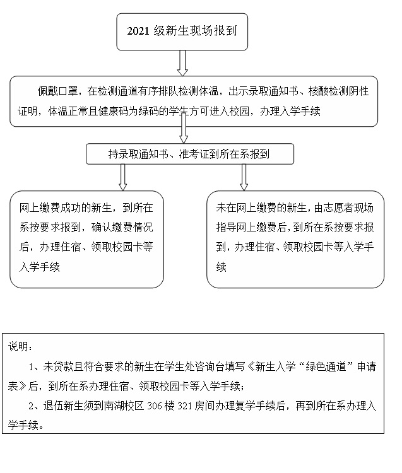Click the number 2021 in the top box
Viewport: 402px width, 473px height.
[x=138, y=30]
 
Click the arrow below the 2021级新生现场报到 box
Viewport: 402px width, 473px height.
[x=183, y=62]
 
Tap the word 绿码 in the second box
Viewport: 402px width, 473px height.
[x=152, y=112]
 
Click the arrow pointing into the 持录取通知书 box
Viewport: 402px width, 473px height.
[x=184, y=129]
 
